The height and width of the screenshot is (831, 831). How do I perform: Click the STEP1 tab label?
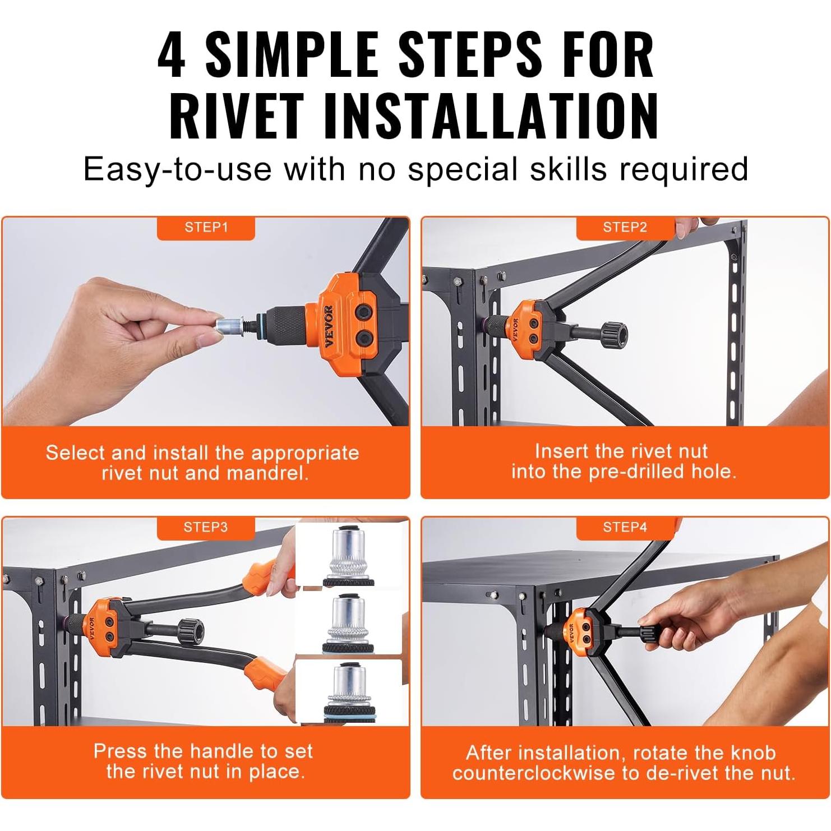click(x=206, y=228)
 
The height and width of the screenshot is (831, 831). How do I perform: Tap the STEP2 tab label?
click(x=625, y=228)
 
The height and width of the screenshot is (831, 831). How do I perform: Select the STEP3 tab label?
click(x=206, y=528)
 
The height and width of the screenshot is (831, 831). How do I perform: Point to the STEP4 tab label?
click(x=625, y=528)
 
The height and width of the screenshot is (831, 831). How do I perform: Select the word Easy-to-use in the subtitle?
click(x=178, y=169)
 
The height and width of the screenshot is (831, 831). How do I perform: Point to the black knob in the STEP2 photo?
click(x=613, y=335)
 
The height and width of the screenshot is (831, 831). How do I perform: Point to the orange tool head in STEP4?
click(x=575, y=629)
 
